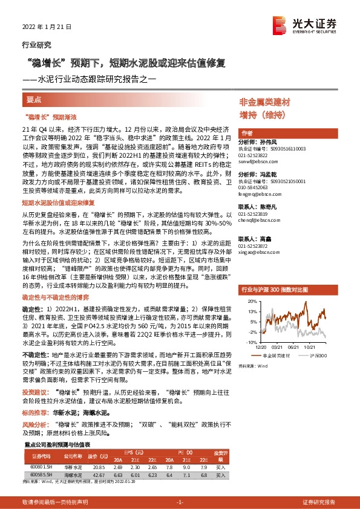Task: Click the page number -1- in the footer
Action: [179, 502]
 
